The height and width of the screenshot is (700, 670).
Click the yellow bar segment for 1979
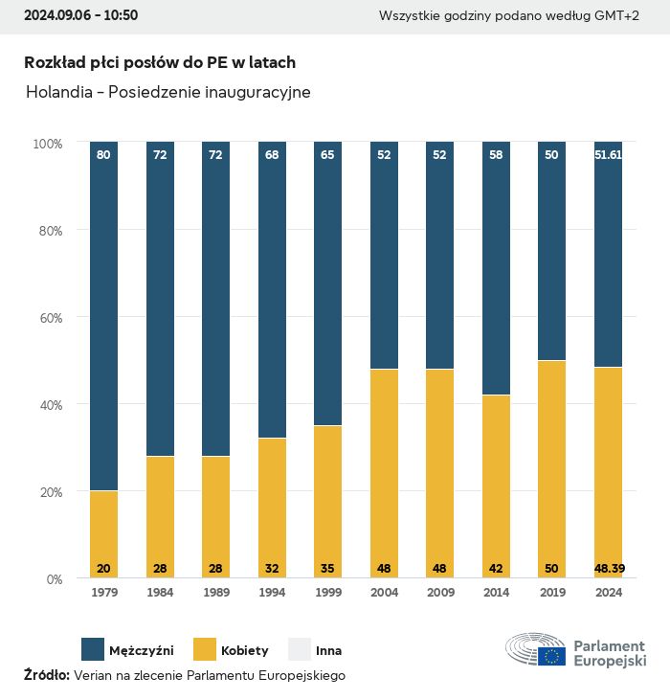click(x=103, y=534)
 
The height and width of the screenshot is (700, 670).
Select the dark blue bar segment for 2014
click(x=496, y=268)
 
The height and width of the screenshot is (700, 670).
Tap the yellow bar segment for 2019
click(x=551, y=469)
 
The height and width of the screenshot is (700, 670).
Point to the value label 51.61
click(x=608, y=154)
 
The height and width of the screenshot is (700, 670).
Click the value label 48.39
click(x=608, y=569)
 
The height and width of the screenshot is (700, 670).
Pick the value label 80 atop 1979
click(x=103, y=154)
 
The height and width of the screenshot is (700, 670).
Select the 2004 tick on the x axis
click(x=384, y=593)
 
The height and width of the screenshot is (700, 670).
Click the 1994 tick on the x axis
click(x=272, y=593)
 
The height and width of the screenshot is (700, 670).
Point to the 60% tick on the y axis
click(x=48, y=318)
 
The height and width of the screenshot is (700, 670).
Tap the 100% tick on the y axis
click(x=47, y=144)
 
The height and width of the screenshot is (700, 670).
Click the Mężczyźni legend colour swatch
click(x=93, y=650)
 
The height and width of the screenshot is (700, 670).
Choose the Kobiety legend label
click(x=245, y=651)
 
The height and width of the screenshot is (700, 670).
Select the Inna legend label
click(x=328, y=651)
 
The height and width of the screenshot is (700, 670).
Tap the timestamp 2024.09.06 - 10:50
click(x=80, y=15)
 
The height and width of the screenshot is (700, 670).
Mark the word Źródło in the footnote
click(x=46, y=675)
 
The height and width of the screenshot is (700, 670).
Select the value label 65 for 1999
click(x=327, y=154)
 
